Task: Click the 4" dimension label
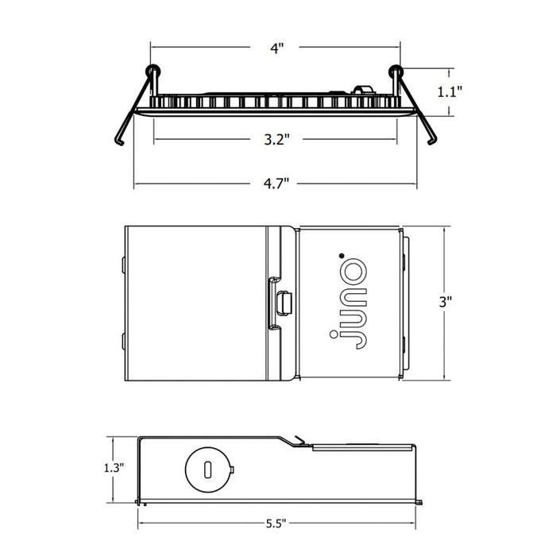pos(277,48)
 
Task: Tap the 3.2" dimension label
pos(277,139)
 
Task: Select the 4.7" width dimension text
pos(276,183)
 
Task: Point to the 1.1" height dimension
pos(450,92)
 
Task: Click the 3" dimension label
pos(446,302)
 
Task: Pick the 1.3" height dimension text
pos(114,468)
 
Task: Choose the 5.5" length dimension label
pos(276,523)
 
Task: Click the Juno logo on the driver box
pos(348,304)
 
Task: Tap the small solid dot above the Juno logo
pos(342,255)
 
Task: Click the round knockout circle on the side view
pos(208,469)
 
